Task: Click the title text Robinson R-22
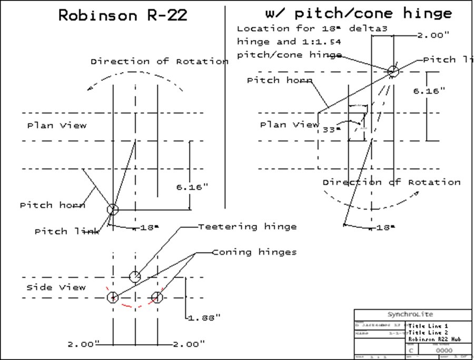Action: point(122,15)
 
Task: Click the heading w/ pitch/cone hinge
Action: point(357,13)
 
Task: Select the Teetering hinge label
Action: point(247,227)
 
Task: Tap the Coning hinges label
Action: point(254,252)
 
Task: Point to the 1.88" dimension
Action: point(204,317)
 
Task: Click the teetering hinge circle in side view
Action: point(135,277)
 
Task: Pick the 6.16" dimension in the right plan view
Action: point(429,91)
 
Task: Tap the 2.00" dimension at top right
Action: point(433,36)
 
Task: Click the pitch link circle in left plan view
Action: point(113,209)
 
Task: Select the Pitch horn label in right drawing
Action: point(280,81)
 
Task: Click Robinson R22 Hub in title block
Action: point(435,339)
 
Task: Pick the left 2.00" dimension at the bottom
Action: point(84,344)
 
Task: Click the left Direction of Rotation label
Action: point(159,61)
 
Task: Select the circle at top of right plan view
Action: point(393,71)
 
